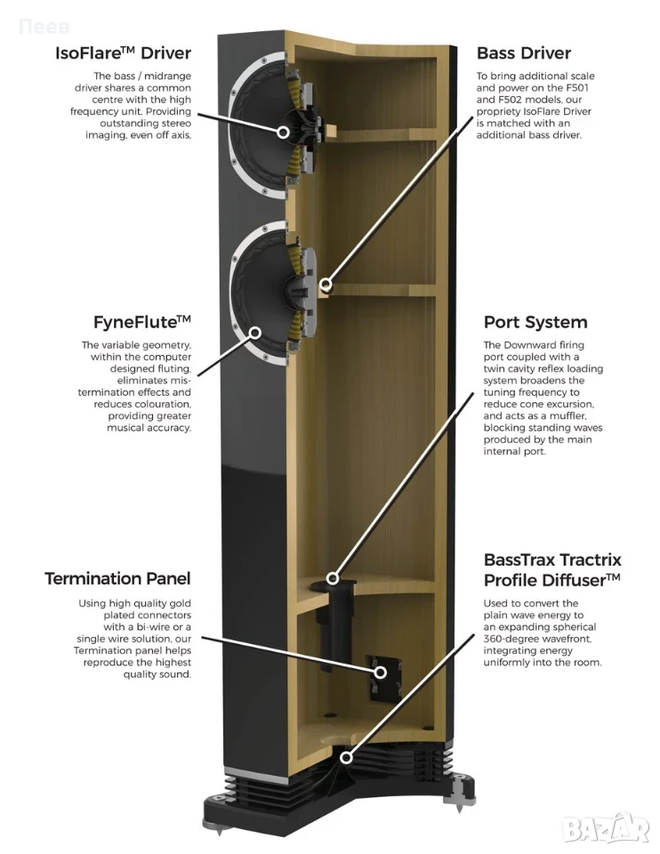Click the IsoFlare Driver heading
pos(123,52)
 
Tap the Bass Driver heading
pos(523,52)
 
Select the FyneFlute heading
pos(142,322)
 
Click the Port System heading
pos(535,322)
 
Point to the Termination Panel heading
pos(117,578)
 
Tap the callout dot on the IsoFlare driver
pos(283,132)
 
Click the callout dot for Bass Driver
pos(326,285)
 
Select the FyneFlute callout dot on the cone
pos(255,332)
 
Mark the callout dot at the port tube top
pos(332,578)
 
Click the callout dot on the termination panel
pos(380,673)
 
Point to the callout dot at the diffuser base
pos(346,757)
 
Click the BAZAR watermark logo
pos(605,829)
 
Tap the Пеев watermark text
pos(44,26)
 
